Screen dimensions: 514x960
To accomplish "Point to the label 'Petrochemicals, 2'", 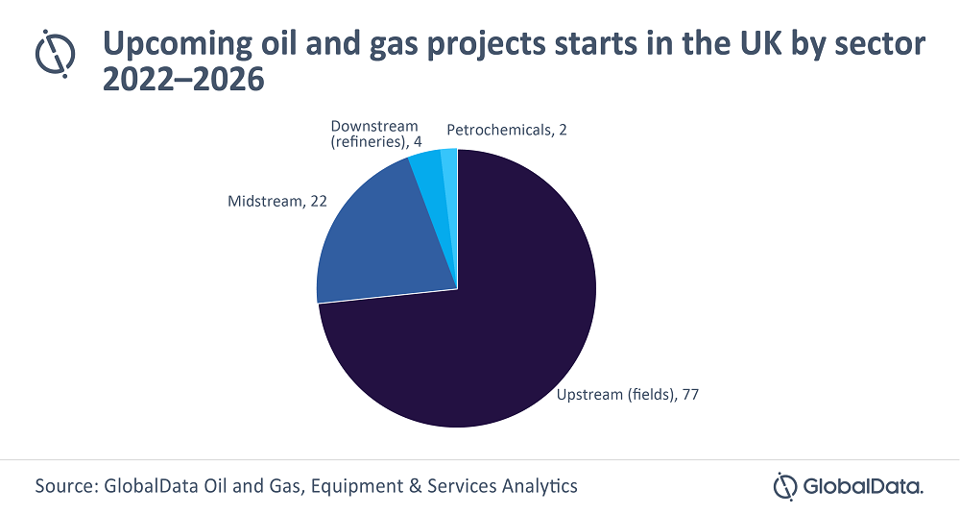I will tap(507, 129).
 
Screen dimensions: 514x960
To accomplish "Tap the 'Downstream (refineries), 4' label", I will tap(374, 135).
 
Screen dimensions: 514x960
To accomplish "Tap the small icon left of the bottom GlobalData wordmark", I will tap(786, 485).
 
